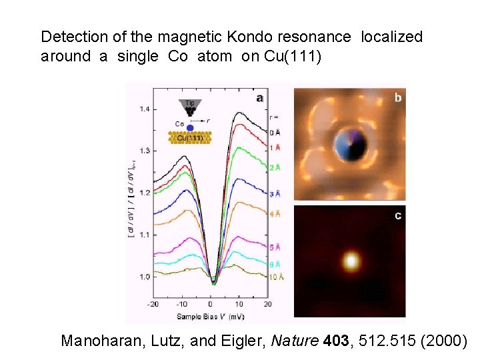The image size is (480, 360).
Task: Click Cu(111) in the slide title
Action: [293, 56]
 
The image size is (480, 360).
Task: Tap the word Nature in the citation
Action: [296, 341]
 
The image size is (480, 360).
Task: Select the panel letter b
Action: [398, 98]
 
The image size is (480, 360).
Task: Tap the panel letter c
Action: [398, 216]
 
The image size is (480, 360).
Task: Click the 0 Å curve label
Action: [274, 133]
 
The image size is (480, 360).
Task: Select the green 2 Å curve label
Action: [274, 167]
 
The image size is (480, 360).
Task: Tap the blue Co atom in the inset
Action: [190, 127]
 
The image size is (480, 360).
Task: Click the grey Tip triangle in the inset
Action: [189, 105]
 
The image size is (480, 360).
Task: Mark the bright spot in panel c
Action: [350, 259]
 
